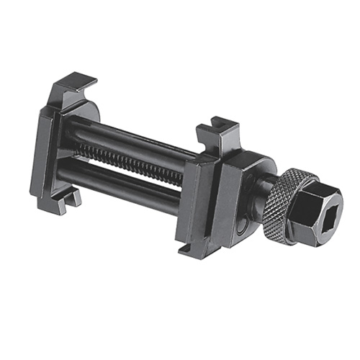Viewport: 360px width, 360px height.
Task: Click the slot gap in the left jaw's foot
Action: (x=71, y=196)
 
